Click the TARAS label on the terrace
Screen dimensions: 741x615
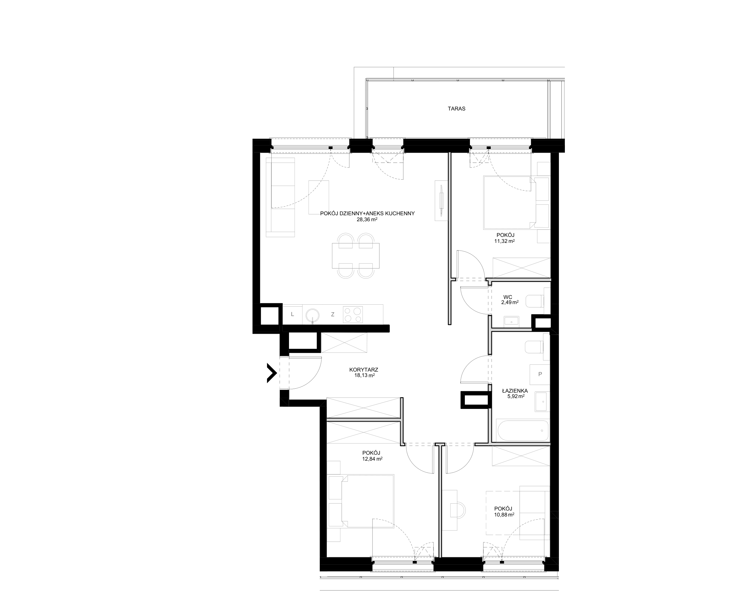point(457,108)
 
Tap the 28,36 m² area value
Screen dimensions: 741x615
point(367,219)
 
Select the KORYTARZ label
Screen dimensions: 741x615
point(364,370)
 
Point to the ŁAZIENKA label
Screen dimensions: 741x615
point(515,391)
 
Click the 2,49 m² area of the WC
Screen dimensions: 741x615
point(510,302)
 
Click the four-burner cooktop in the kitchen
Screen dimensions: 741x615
point(353,315)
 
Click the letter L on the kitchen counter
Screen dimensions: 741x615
point(292,314)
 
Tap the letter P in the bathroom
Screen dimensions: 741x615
point(540,374)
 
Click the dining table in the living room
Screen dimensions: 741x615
point(356,255)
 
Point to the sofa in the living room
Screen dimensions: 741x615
point(280,197)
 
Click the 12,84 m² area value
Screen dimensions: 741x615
point(372,459)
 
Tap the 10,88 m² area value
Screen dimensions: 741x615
point(504,514)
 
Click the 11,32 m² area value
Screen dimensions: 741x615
point(504,241)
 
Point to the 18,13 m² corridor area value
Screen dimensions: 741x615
point(365,375)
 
